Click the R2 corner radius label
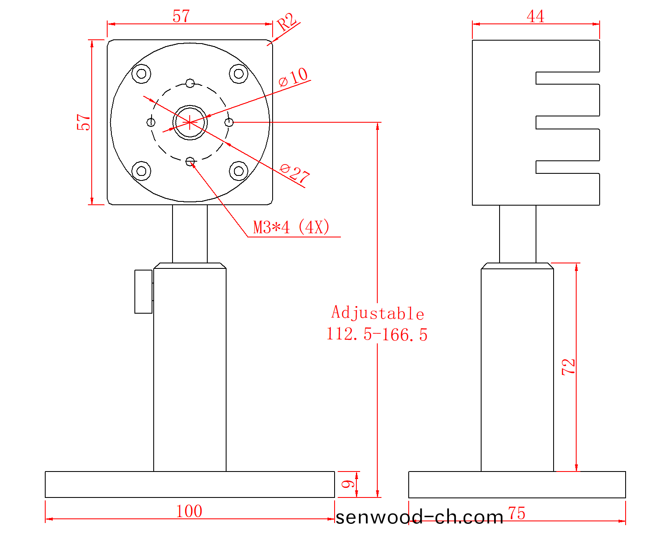287,22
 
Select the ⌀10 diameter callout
294,77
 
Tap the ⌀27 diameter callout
295,173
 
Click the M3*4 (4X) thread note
291,227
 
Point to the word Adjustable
378,313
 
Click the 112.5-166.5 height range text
377,335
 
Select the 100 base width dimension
189,511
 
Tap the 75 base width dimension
517,513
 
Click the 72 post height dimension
569,367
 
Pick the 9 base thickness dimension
348,484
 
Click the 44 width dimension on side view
536,16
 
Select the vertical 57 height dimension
84,122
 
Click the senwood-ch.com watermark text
419,518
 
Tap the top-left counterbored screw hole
142,74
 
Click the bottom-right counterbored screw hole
239,171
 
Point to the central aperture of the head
190,122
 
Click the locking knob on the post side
143,291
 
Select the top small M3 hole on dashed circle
190,83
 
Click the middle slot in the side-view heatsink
567,122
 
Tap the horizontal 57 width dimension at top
181,16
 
